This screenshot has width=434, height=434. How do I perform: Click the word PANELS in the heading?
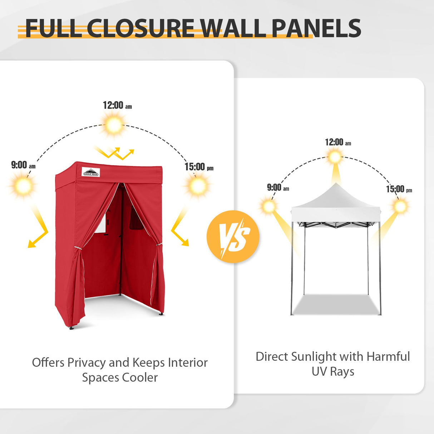316,28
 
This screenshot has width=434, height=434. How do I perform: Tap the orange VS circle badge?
233,236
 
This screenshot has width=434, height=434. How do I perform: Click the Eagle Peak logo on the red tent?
90,172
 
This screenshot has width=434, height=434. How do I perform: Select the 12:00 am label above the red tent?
117,105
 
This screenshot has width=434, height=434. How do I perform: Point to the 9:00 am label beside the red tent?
24,165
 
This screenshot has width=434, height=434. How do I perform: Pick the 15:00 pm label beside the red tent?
199,167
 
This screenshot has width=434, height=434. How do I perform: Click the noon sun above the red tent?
114,125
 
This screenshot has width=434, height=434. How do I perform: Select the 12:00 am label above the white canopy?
338,142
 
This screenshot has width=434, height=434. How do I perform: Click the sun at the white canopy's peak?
335,157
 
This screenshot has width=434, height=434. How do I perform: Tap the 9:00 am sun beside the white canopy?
269,206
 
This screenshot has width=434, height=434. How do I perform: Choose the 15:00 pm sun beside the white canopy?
401,206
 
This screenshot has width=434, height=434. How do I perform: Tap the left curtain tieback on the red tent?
78,248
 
